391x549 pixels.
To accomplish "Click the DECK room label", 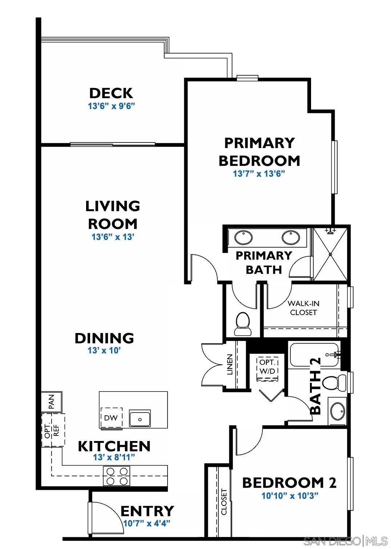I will click(111, 93).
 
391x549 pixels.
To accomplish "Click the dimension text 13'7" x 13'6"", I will click(258, 174).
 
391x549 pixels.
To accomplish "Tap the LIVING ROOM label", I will click(113, 215).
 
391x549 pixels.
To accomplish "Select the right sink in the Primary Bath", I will click(291, 238).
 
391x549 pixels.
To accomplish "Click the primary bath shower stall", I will click(330, 254).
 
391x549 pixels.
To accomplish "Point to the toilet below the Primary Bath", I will click(243, 324).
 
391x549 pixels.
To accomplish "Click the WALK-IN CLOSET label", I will click(303, 308).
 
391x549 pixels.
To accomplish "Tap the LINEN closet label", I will click(230, 365).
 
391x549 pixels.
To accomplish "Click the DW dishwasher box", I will click(111, 418).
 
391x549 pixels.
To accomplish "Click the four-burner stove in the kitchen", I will click(117, 476).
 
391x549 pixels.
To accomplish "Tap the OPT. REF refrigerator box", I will click(52, 430).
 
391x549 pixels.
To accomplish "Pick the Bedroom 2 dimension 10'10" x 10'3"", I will click(290, 495).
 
